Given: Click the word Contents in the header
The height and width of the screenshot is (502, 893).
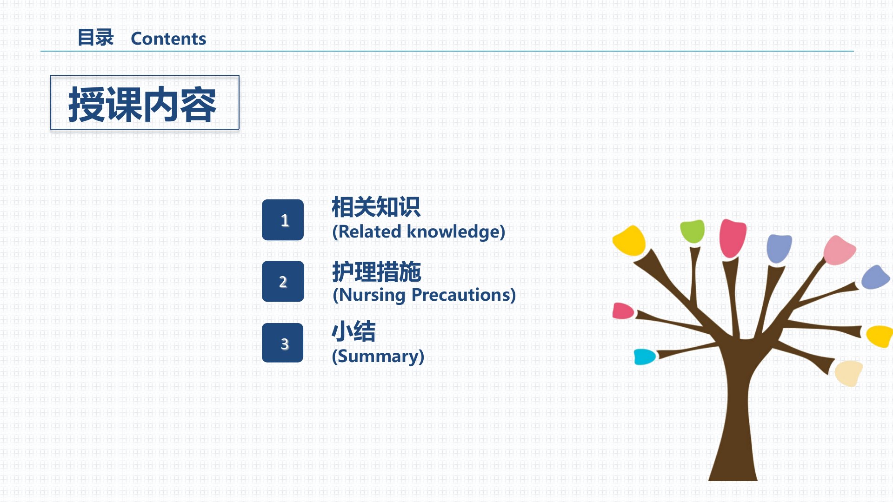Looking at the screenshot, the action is pos(168,39).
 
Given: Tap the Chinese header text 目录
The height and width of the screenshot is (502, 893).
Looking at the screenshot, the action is pos(96,38).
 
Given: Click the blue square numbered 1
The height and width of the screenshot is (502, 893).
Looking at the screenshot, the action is pos(283,220).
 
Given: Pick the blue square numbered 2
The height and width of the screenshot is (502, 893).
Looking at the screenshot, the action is pos(283,281).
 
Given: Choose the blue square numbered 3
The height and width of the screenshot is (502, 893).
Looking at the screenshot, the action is pos(283,343).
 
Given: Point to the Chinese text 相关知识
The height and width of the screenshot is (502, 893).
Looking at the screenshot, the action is pos(376,207).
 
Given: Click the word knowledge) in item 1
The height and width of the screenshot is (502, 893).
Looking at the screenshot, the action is pos(456,231).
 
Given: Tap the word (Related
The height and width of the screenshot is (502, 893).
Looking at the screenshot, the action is pos(367,231).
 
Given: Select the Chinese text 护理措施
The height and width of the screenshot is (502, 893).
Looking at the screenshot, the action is pos(377,272).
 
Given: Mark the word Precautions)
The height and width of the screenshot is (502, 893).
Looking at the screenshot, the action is pos(464,295).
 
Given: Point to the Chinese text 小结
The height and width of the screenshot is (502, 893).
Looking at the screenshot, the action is pos(353,332).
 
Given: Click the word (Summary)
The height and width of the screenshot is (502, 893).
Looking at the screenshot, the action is pos(378,356).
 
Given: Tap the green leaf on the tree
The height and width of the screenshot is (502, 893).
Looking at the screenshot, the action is pos(692,231).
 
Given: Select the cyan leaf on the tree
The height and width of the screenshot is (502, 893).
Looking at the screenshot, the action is pos(645,357).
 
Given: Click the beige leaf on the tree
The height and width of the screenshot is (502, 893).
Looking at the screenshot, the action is pos(849,373).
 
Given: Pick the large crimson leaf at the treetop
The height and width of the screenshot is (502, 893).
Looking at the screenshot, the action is pos(733,238).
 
